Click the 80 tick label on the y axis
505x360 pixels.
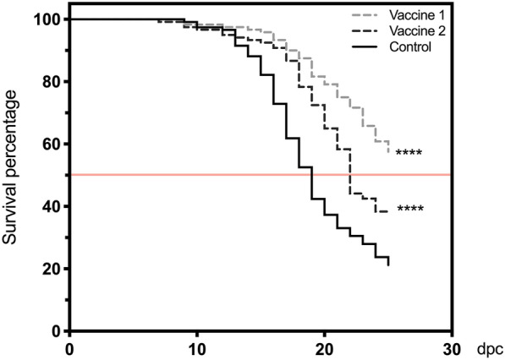pyautogui.click(x=47, y=82)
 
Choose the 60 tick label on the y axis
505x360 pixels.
pyautogui.click(x=47, y=145)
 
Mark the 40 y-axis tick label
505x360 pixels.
pyautogui.click(x=47, y=207)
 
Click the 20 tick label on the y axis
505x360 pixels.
pyautogui.click(x=47, y=269)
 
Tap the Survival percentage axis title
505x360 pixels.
pyautogui.click(x=12, y=175)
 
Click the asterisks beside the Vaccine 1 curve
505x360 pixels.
pyautogui.click(x=409, y=154)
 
